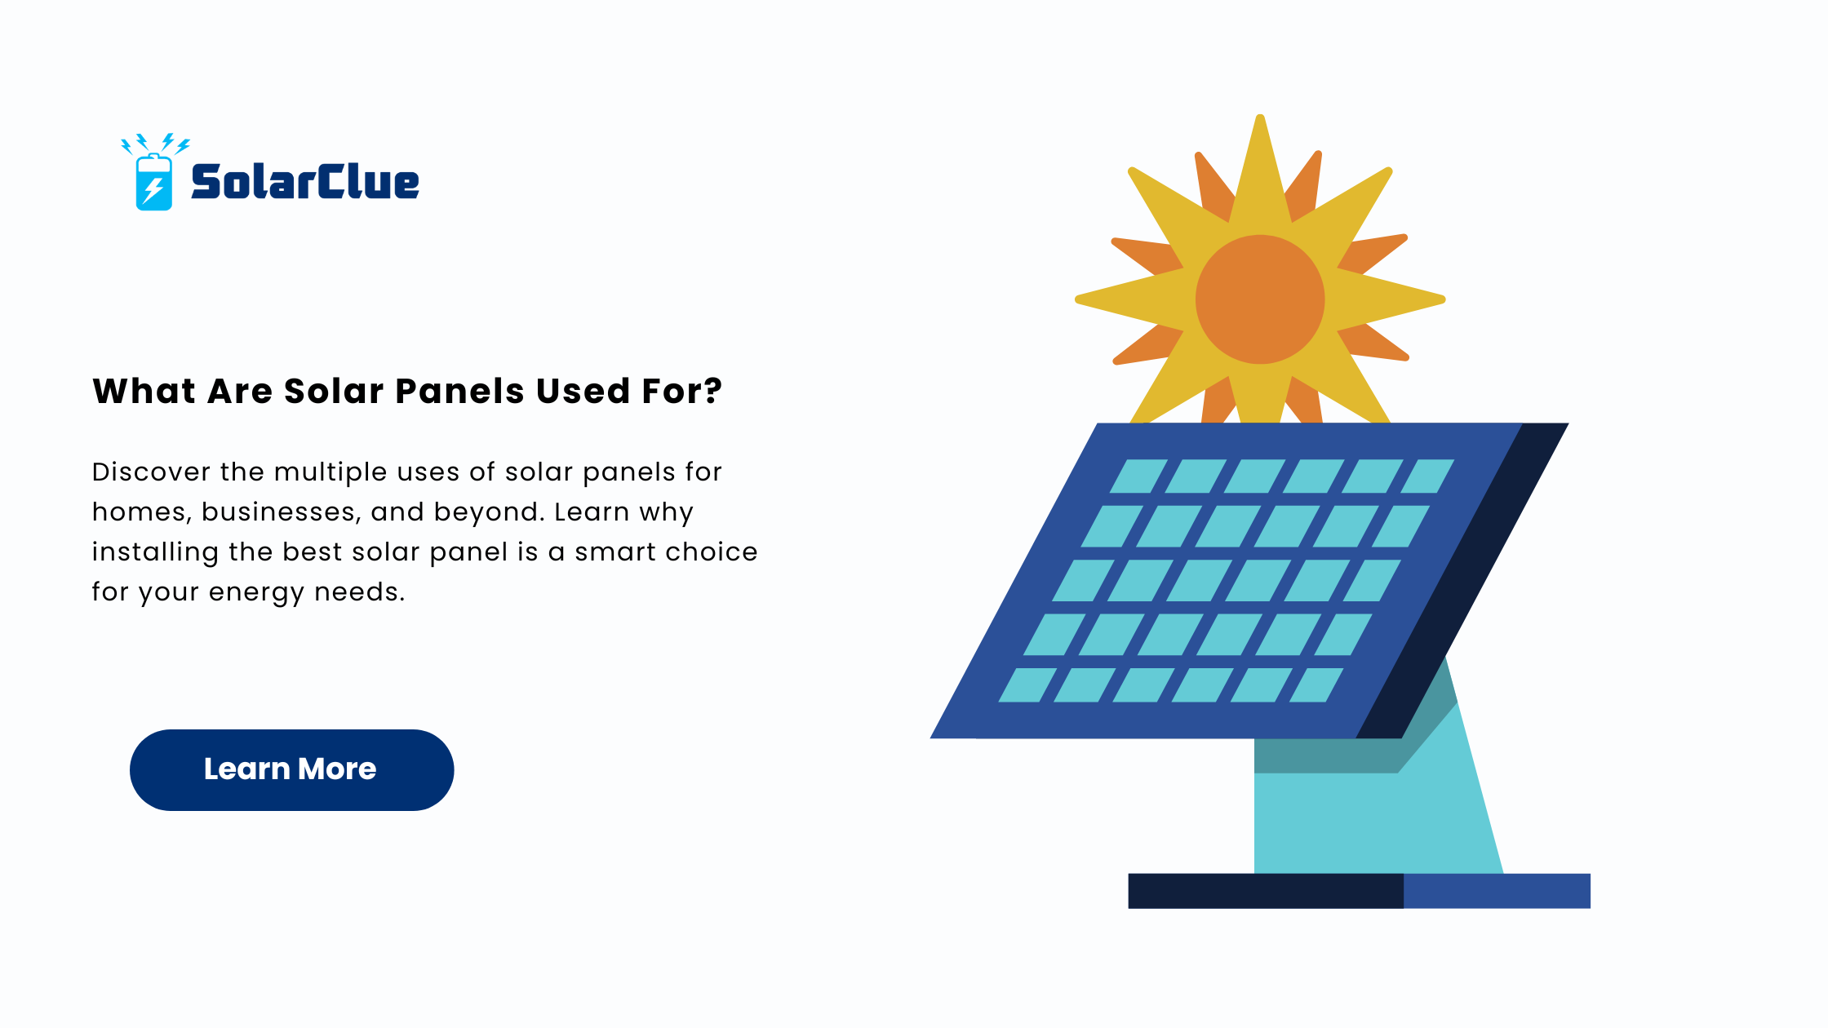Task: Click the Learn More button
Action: tap(291, 769)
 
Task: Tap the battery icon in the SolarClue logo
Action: tap(153, 182)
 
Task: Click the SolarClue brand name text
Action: tap(305, 181)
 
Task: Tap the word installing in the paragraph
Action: tap(154, 552)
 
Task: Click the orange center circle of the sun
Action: tap(1260, 299)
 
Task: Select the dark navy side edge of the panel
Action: tap(1462, 580)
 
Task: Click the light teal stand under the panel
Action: tap(1379, 824)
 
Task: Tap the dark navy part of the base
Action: tap(1266, 891)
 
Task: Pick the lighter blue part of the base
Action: tap(1497, 891)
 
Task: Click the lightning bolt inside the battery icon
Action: tap(153, 190)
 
